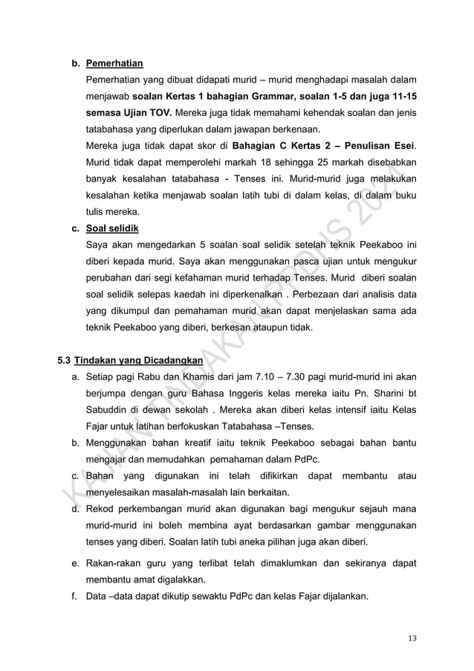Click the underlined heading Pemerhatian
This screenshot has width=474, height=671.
(x=114, y=62)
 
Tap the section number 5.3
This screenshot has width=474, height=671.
(x=65, y=361)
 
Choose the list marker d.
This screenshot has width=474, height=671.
(x=75, y=509)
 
